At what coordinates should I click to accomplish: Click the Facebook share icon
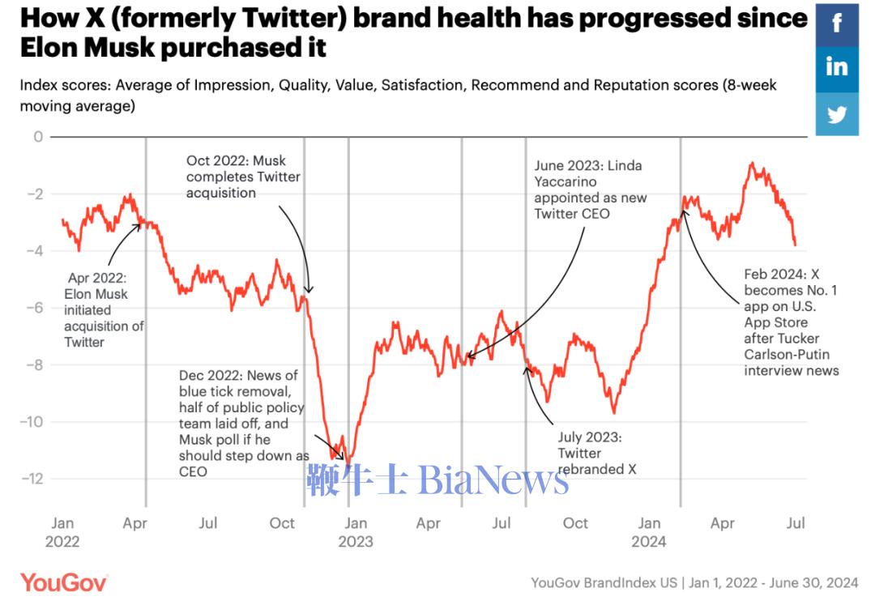coord(837,23)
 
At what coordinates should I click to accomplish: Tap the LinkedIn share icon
coord(837,67)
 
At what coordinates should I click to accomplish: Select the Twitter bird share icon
coord(837,113)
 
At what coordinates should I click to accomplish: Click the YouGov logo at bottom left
coord(64,582)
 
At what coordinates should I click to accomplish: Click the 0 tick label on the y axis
coord(37,136)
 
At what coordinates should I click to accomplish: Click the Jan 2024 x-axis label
coord(649,532)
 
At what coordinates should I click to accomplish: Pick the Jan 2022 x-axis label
coord(62,532)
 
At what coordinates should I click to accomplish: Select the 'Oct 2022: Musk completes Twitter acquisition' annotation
coord(243,177)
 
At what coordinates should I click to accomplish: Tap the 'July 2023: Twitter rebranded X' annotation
coord(591,453)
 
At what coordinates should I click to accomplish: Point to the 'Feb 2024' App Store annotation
coord(791,322)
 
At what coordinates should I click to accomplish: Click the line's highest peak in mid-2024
coord(752,163)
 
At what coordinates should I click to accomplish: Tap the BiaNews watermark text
coord(437,480)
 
